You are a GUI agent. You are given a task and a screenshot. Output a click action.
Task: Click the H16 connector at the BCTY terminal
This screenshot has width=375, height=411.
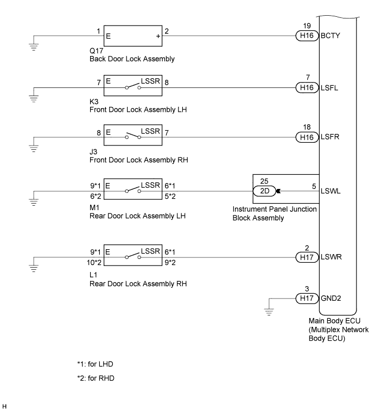point(307,36)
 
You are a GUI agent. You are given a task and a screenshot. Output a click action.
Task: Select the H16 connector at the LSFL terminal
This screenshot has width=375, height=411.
point(307,87)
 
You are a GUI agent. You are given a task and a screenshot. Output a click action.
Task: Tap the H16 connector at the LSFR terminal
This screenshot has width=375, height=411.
point(307,137)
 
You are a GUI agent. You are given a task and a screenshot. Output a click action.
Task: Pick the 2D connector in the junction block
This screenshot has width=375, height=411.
point(265,191)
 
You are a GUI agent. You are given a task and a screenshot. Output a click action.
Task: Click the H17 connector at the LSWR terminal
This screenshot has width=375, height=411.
point(307,257)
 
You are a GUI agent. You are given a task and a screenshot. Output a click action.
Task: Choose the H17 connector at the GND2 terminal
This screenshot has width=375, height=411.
point(307,298)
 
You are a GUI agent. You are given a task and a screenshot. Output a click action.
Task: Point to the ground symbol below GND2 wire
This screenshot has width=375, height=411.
point(269,312)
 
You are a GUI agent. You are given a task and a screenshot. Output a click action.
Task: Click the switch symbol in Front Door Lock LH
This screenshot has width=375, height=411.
point(133,86)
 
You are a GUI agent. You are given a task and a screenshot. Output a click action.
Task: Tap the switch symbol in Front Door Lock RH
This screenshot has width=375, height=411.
point(133,136)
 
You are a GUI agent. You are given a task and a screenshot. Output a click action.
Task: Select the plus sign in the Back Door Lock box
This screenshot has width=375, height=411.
point(158,36)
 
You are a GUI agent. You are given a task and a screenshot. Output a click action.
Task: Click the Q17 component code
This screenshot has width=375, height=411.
point(96,50)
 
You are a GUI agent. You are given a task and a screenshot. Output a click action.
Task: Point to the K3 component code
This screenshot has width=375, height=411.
point(94,102)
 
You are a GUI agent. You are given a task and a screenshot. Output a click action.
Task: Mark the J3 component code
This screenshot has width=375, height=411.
point(93,151)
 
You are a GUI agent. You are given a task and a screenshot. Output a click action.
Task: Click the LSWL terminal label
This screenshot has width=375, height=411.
point(330,191)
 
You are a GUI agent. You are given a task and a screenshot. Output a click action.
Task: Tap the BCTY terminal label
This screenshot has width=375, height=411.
point(330,36)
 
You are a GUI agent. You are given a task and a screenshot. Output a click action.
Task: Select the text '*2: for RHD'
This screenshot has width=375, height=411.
point(96,378)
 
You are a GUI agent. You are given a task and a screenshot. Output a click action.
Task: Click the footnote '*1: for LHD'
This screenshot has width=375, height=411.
point(95,364)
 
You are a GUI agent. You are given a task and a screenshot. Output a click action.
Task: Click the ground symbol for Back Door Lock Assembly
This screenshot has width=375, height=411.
point(34,47)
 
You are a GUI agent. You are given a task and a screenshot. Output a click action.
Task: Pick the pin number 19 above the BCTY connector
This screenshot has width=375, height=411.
point(307,26)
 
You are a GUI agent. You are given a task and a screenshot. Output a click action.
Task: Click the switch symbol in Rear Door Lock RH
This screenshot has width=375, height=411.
point(133,256)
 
